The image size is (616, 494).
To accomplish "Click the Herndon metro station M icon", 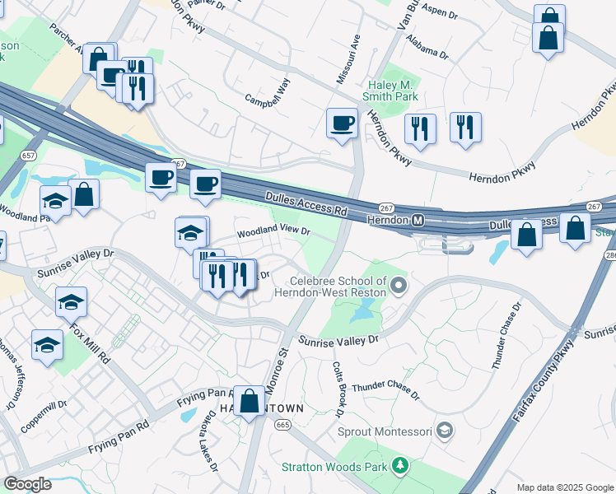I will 418,221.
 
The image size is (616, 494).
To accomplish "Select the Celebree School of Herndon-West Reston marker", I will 399,287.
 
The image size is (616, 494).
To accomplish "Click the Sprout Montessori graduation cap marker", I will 445,430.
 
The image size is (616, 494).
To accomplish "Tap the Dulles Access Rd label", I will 305,203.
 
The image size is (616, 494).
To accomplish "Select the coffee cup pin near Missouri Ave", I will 342,124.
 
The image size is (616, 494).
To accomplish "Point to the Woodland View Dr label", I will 273,233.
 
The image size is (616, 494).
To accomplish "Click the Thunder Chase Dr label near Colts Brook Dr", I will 385,387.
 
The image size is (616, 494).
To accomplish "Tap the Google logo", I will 27,484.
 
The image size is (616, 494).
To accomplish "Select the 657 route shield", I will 30,155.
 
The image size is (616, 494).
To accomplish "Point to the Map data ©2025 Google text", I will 564,487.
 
